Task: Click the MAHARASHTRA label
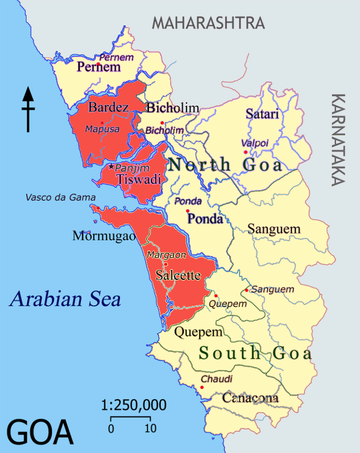(x=208, y=23)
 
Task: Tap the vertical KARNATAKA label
(x=338, y=139)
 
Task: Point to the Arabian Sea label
(x=65, y=299)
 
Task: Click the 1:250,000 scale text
(x=134, y=405)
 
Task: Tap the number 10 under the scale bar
(x=150, y=429)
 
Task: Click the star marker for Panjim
(x=111, y=166)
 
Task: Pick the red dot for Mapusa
(x=102, y=123)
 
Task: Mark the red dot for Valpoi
(x=245, y=152)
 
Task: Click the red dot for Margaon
(x=165, y=264)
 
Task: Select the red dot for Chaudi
(x=202, y=387)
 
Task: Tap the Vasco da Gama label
(x=60, y=198)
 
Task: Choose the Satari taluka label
(x=262, y=113)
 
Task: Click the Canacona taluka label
(x=250, y=398)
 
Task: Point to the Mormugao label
(x=104, y=236)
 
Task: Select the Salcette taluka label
(x=178, y=275)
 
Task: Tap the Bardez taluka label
(x=109, y=107)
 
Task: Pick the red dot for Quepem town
(x=216, y=295)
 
